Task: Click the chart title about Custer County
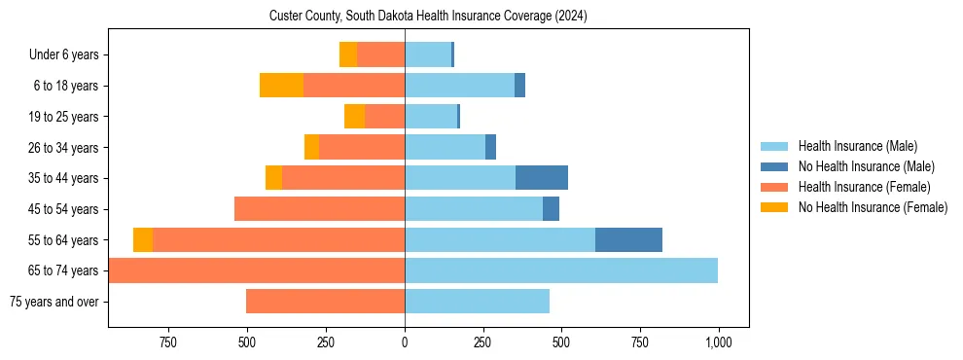pos(428,17)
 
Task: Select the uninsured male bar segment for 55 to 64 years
pos(628,239)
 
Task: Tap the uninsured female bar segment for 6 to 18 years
pos(281,86)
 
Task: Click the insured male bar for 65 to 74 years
pos(561,270)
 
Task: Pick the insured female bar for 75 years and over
pos(325,302)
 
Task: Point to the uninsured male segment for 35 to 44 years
pos(542,178)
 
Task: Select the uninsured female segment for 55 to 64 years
pos(143,239)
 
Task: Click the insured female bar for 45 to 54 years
pos(319,209)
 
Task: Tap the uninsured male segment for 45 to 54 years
pos(551,209)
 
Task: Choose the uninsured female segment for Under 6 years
pos(347,54)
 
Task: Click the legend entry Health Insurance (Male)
pos(857,146)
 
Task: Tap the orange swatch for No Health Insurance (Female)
pos(774,207)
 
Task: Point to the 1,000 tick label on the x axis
pos(719,342)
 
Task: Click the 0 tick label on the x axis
pos(405,342)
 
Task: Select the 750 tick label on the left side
pos(167,342)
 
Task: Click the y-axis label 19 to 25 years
pos(65,117)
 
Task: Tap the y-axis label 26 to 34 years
pos(65,148)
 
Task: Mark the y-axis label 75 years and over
pos(53,302)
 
